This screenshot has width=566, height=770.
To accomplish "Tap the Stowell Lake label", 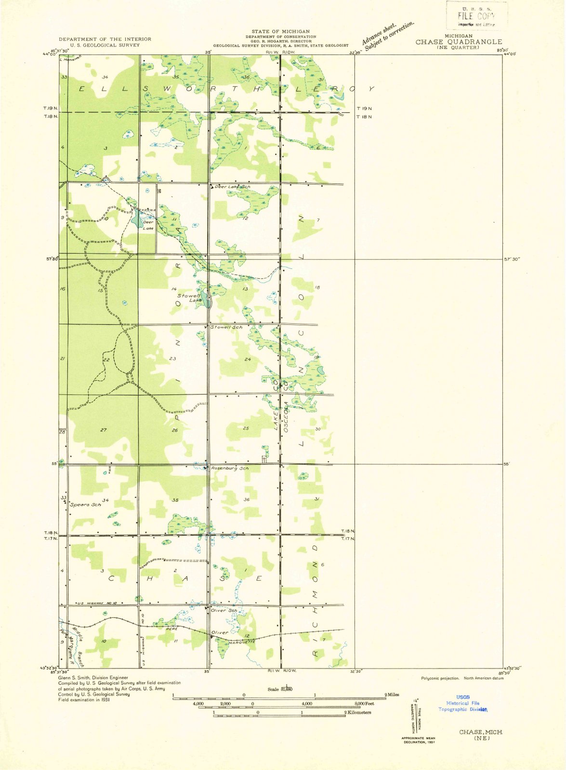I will point(189,298).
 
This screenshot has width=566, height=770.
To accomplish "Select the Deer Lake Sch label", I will point(232,187).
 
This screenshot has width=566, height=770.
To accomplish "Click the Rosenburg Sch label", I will point(230,468).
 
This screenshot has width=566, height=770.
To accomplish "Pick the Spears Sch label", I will point(86,505).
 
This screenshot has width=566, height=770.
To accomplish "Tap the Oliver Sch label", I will point(224,611).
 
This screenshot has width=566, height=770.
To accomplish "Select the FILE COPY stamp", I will point(476,16).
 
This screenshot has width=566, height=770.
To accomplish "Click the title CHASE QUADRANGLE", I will point(459,42).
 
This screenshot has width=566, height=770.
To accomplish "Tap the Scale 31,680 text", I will point(280,689).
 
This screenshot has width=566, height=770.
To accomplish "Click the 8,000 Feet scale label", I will point(364,704).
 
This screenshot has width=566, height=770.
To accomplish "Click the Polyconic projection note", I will point(440,678).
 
